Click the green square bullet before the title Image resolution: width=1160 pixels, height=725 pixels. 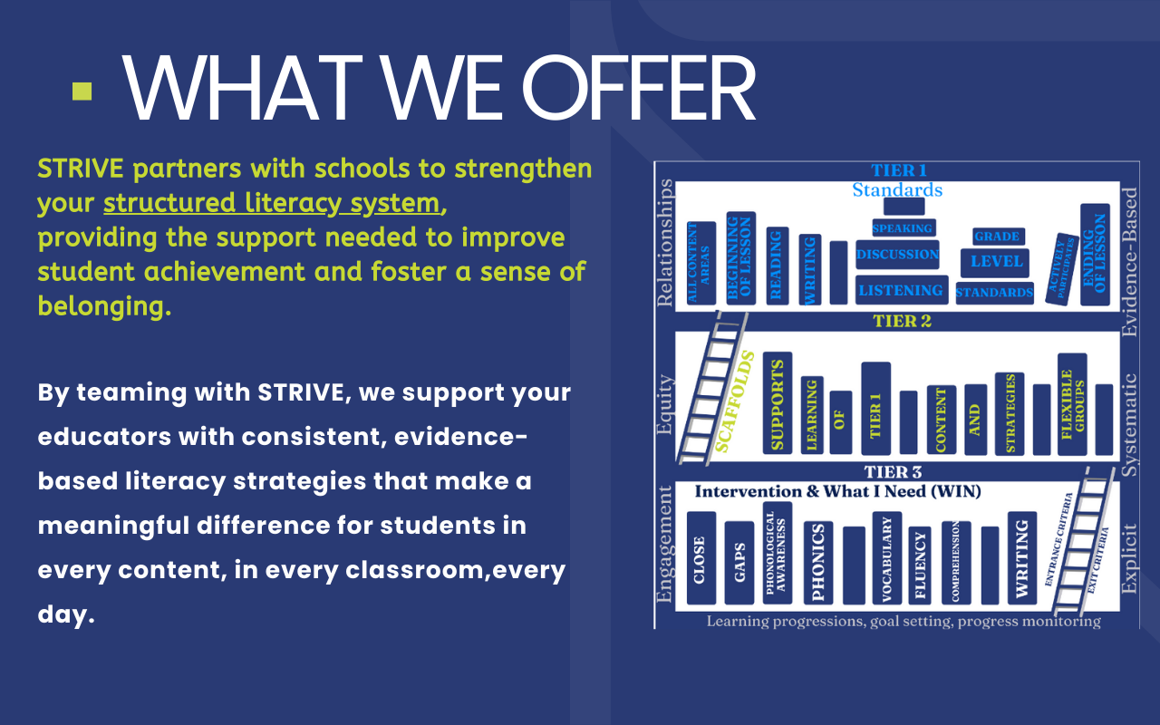pos(82,92)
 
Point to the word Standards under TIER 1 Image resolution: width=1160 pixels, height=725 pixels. pos(897,190)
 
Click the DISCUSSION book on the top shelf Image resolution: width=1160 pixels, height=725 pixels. pos(897,255)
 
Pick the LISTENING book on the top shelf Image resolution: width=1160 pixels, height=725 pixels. pos(901,290)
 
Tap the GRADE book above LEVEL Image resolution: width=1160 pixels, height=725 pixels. pos(997,237)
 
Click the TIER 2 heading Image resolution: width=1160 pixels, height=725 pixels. pos(902,321)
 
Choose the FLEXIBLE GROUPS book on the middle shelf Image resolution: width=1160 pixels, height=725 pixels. pos(1071,404)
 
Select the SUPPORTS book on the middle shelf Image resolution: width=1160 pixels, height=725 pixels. pos(777,402)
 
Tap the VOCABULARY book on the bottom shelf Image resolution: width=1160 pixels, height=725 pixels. pos(885,558)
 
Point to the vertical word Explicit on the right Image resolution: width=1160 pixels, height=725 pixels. pos(1128,558)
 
